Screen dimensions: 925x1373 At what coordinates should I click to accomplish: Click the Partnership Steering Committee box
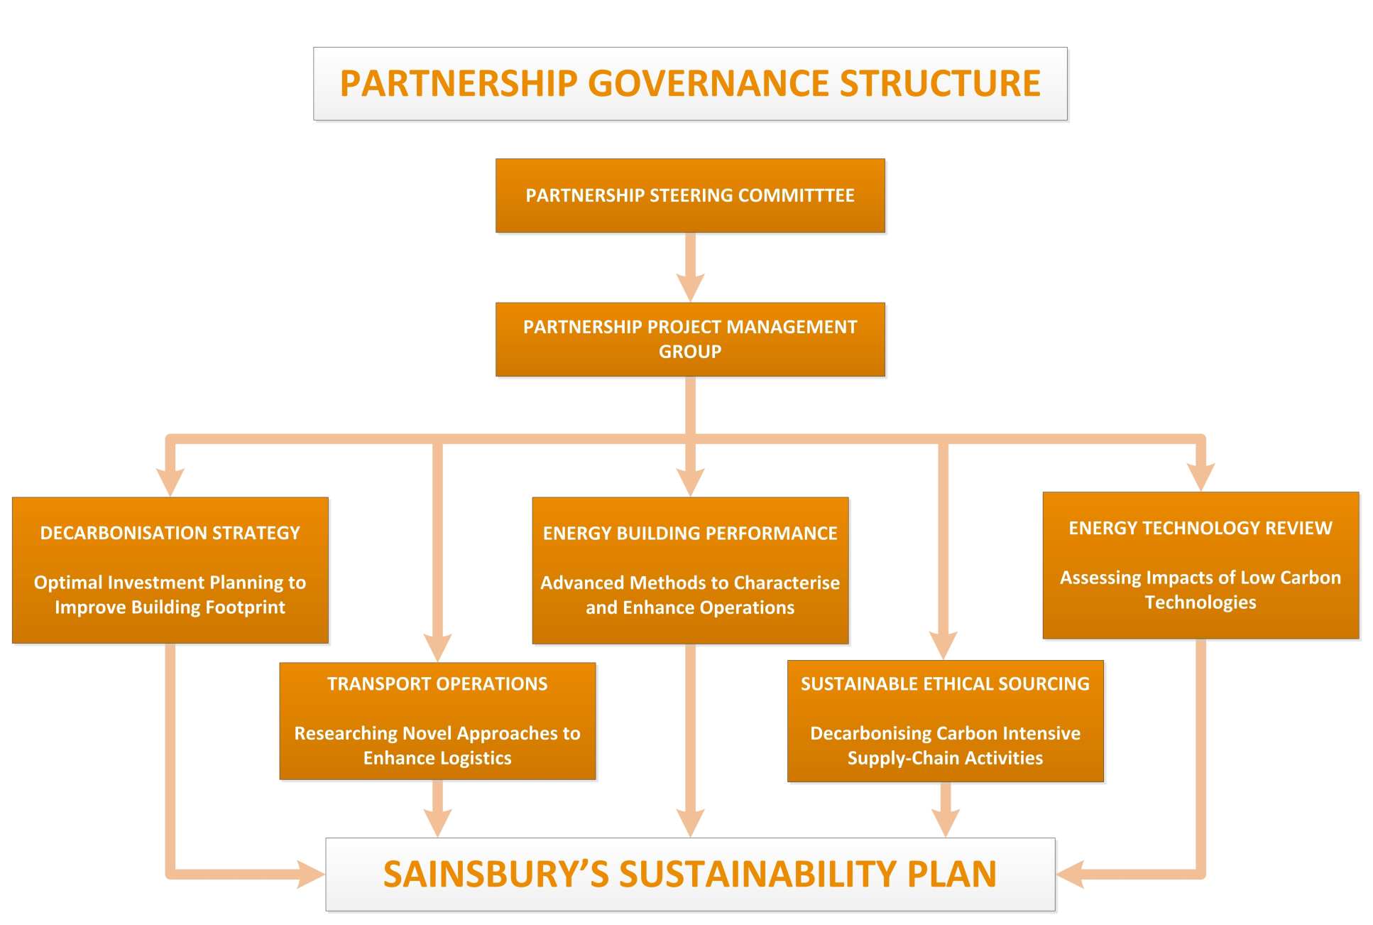[690, 195]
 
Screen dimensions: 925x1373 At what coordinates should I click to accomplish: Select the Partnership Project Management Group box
[690, 339]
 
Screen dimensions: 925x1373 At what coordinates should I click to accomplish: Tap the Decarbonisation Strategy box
[170, 570]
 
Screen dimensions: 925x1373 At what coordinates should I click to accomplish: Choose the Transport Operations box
[437, 720]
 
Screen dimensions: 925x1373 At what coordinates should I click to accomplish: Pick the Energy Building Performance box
[690, 570]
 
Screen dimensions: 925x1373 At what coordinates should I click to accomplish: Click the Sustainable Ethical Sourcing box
[945, 720]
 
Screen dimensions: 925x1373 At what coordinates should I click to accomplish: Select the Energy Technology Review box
[1200, 565]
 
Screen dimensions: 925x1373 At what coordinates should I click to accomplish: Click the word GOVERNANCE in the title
[713, 83]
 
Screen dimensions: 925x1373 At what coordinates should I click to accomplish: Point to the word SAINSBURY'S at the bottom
[496, 874]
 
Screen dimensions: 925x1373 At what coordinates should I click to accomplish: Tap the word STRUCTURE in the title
[940, 83]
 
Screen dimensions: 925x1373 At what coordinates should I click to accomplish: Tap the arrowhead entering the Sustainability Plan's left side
[310, 874]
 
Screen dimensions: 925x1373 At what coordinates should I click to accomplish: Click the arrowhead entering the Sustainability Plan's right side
[1071, 874]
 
